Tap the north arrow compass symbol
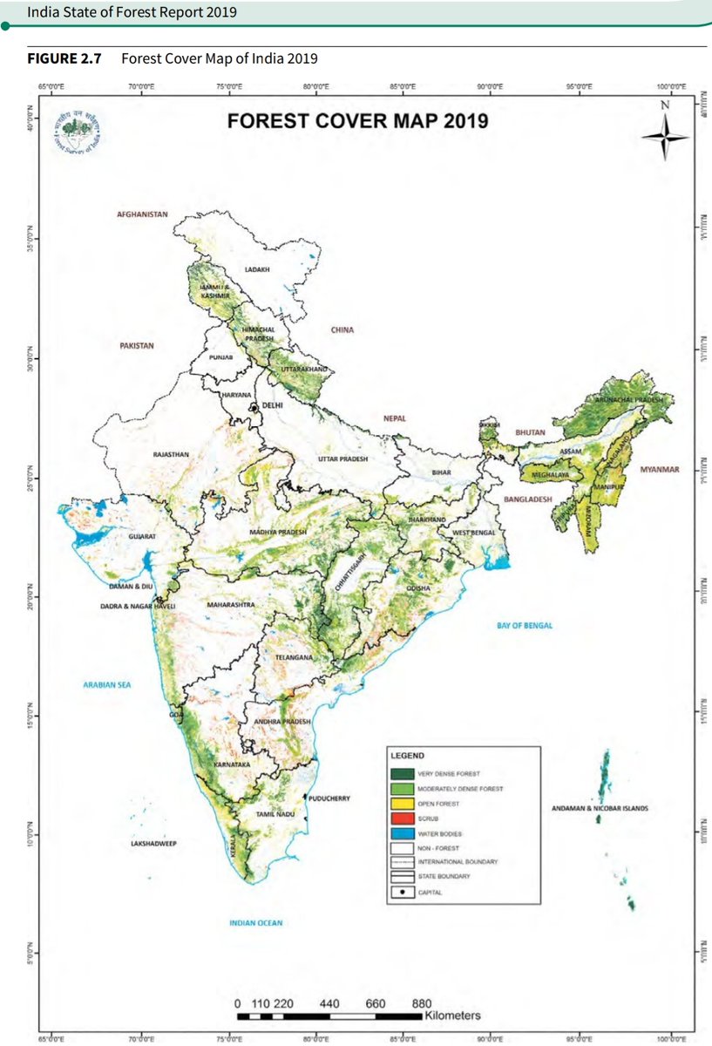click(664, 132)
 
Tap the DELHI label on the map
click(274, 405)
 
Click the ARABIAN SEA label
click(106, 686)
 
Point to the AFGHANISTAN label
click(142, 214)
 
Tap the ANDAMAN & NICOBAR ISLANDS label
click(600, 809)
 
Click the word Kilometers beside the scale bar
click(452, 1016)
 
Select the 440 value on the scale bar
click(329, 1003)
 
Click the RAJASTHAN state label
click(170, 455)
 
